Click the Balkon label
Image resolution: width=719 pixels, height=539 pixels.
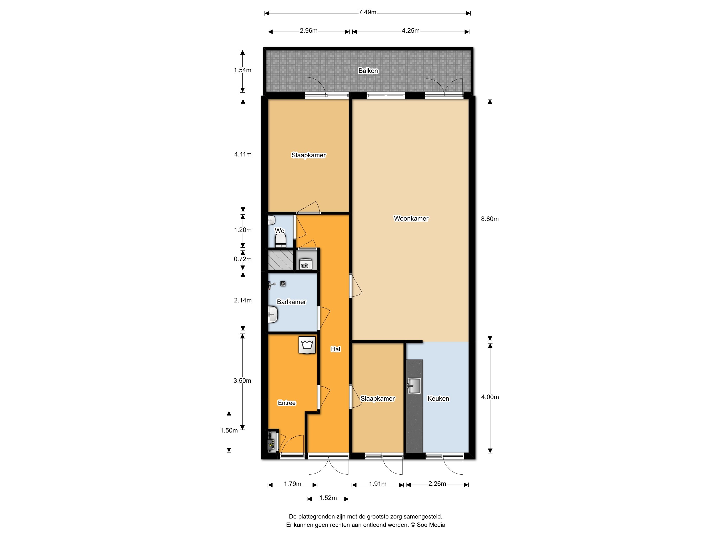pyautogui.click(x=368, y=71)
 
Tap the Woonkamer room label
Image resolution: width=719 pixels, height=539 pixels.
pyautogui.click(x=411, y=218)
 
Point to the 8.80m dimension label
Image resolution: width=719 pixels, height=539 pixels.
pyautogui.click(x=489, y=219)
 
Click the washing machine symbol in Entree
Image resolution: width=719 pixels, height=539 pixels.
pyautogui.click(x=307, y=345)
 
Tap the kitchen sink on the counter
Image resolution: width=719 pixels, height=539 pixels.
pyautogui.click(x=414, y=386)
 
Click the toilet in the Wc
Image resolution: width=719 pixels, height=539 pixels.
pyautogui.click(x=280, y=241)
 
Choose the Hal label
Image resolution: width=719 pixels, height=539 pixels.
pyautogui.click(x=335, y=349)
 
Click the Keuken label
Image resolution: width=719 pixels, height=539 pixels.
pyautogui.click(x=438, y=398)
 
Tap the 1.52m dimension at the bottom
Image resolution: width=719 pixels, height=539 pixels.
pyautogui.click(x=328, y=498)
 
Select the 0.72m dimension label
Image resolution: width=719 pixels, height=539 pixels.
pyautogui.click(x=242, y=259)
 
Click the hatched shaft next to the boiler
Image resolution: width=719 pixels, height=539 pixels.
pyautogui.click(x=280, y=259)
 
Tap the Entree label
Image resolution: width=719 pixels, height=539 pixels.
pyautogui.click(x=286, y=403)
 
